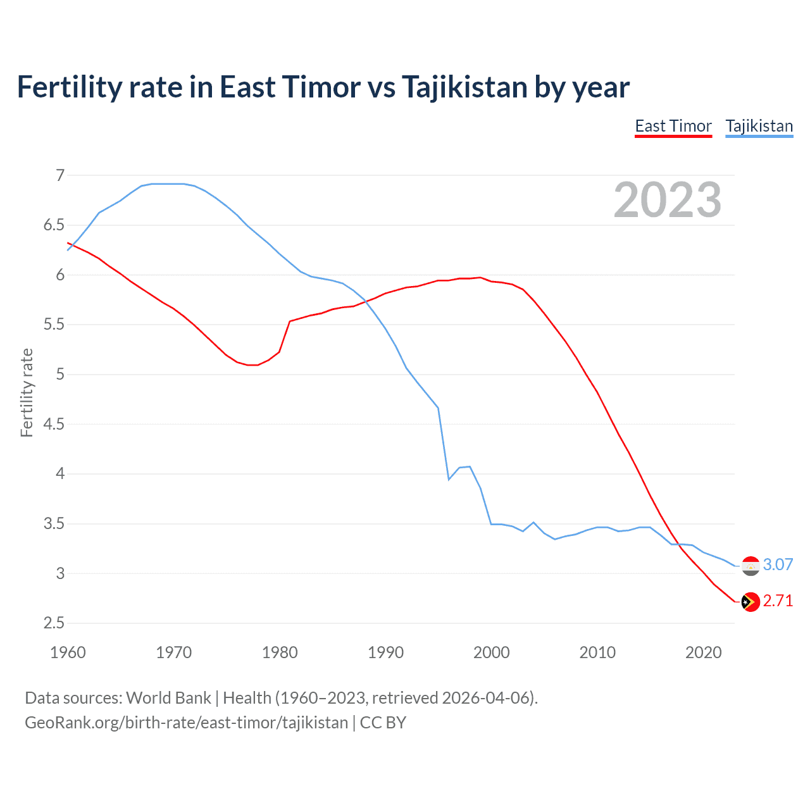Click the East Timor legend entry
(673, 126)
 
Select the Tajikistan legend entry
(759, 126)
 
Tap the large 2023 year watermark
(668, 200)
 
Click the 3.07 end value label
(778, 564)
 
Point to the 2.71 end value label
(778, 601)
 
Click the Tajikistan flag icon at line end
(751, 566)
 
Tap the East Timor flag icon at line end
(751, 602)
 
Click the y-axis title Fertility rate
(27, 392)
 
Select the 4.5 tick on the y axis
(54, 424)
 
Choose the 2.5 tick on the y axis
(54, 623)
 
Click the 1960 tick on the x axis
(68, 652)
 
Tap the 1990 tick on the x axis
(385, 652)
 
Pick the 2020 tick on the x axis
(703, 652)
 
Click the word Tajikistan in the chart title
(464, 87)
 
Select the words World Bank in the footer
(168, 698)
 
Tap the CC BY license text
(383, 723)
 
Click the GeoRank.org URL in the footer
(186, 723)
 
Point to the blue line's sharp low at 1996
(449, 480)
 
